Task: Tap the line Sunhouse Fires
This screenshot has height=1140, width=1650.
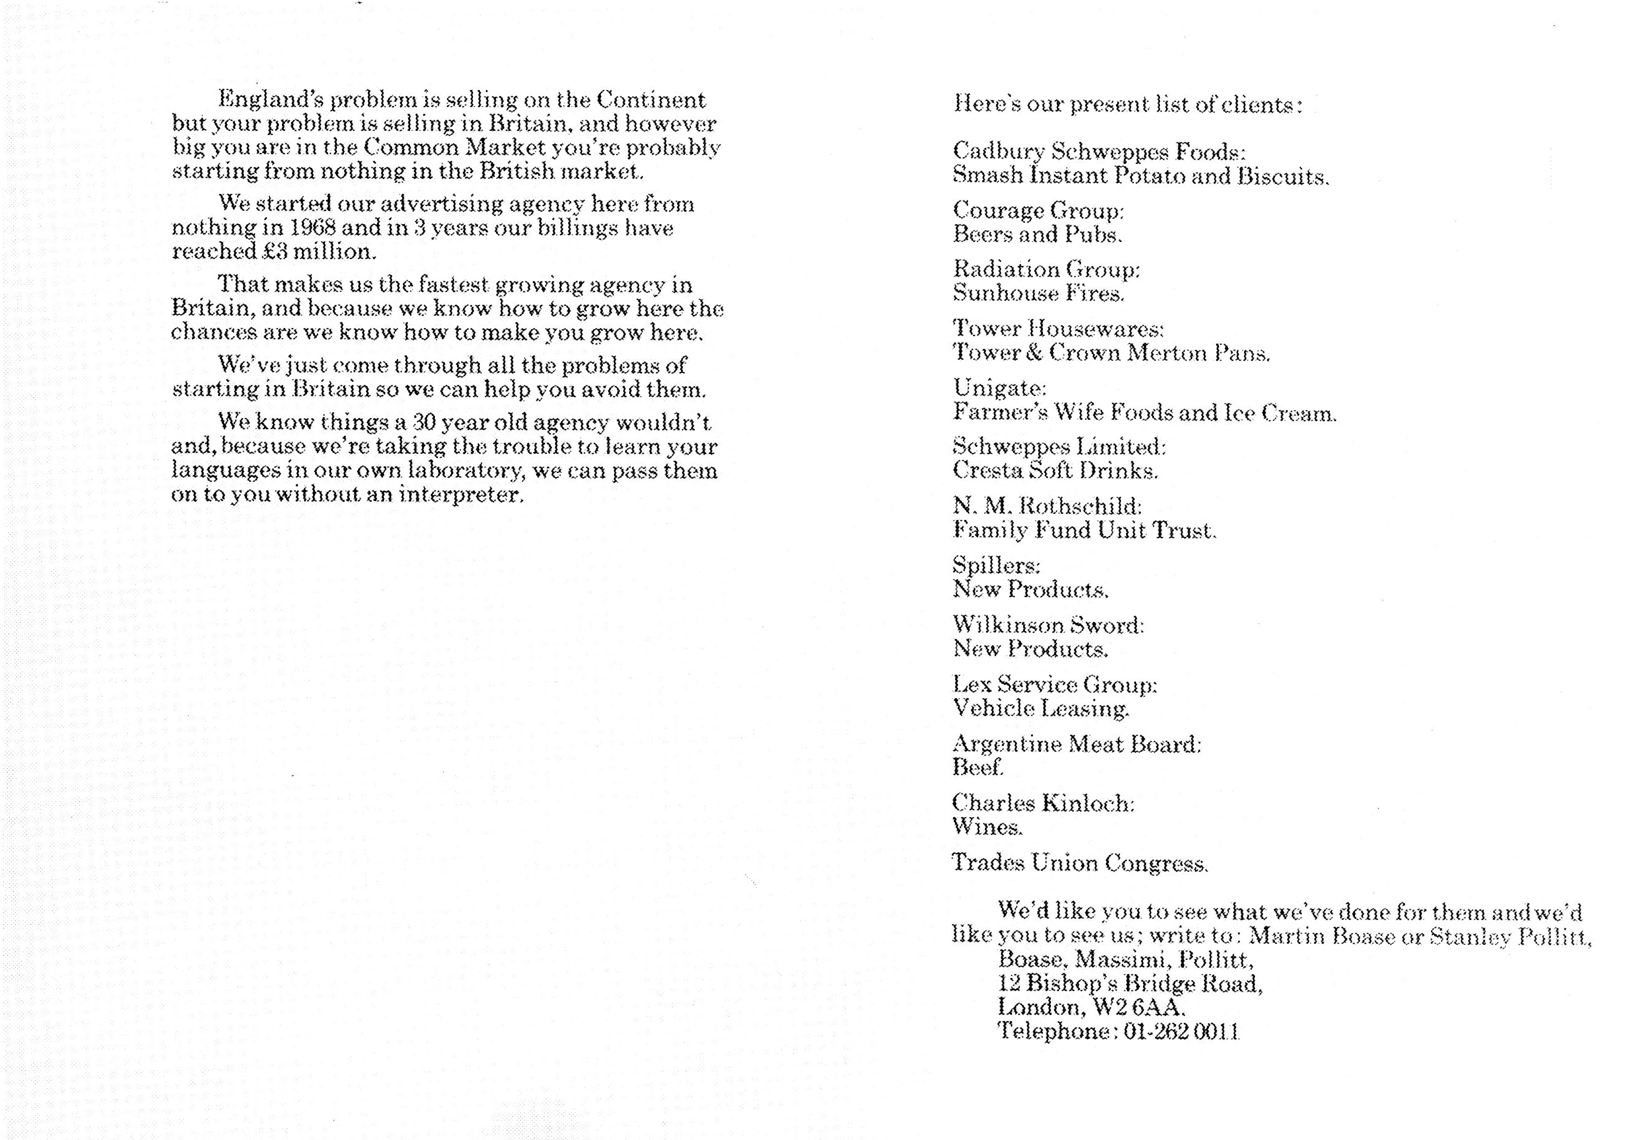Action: [x=1038, y=293]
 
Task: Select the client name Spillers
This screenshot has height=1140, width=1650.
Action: [x=996, y=566]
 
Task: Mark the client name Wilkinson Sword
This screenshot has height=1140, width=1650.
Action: [x=1048, y=625]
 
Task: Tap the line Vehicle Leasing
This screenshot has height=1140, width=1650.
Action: [x=1040, y=709]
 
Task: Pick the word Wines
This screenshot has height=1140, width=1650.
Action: [x=987, y=827]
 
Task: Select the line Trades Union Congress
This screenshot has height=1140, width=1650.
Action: [x=1080, y=863]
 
